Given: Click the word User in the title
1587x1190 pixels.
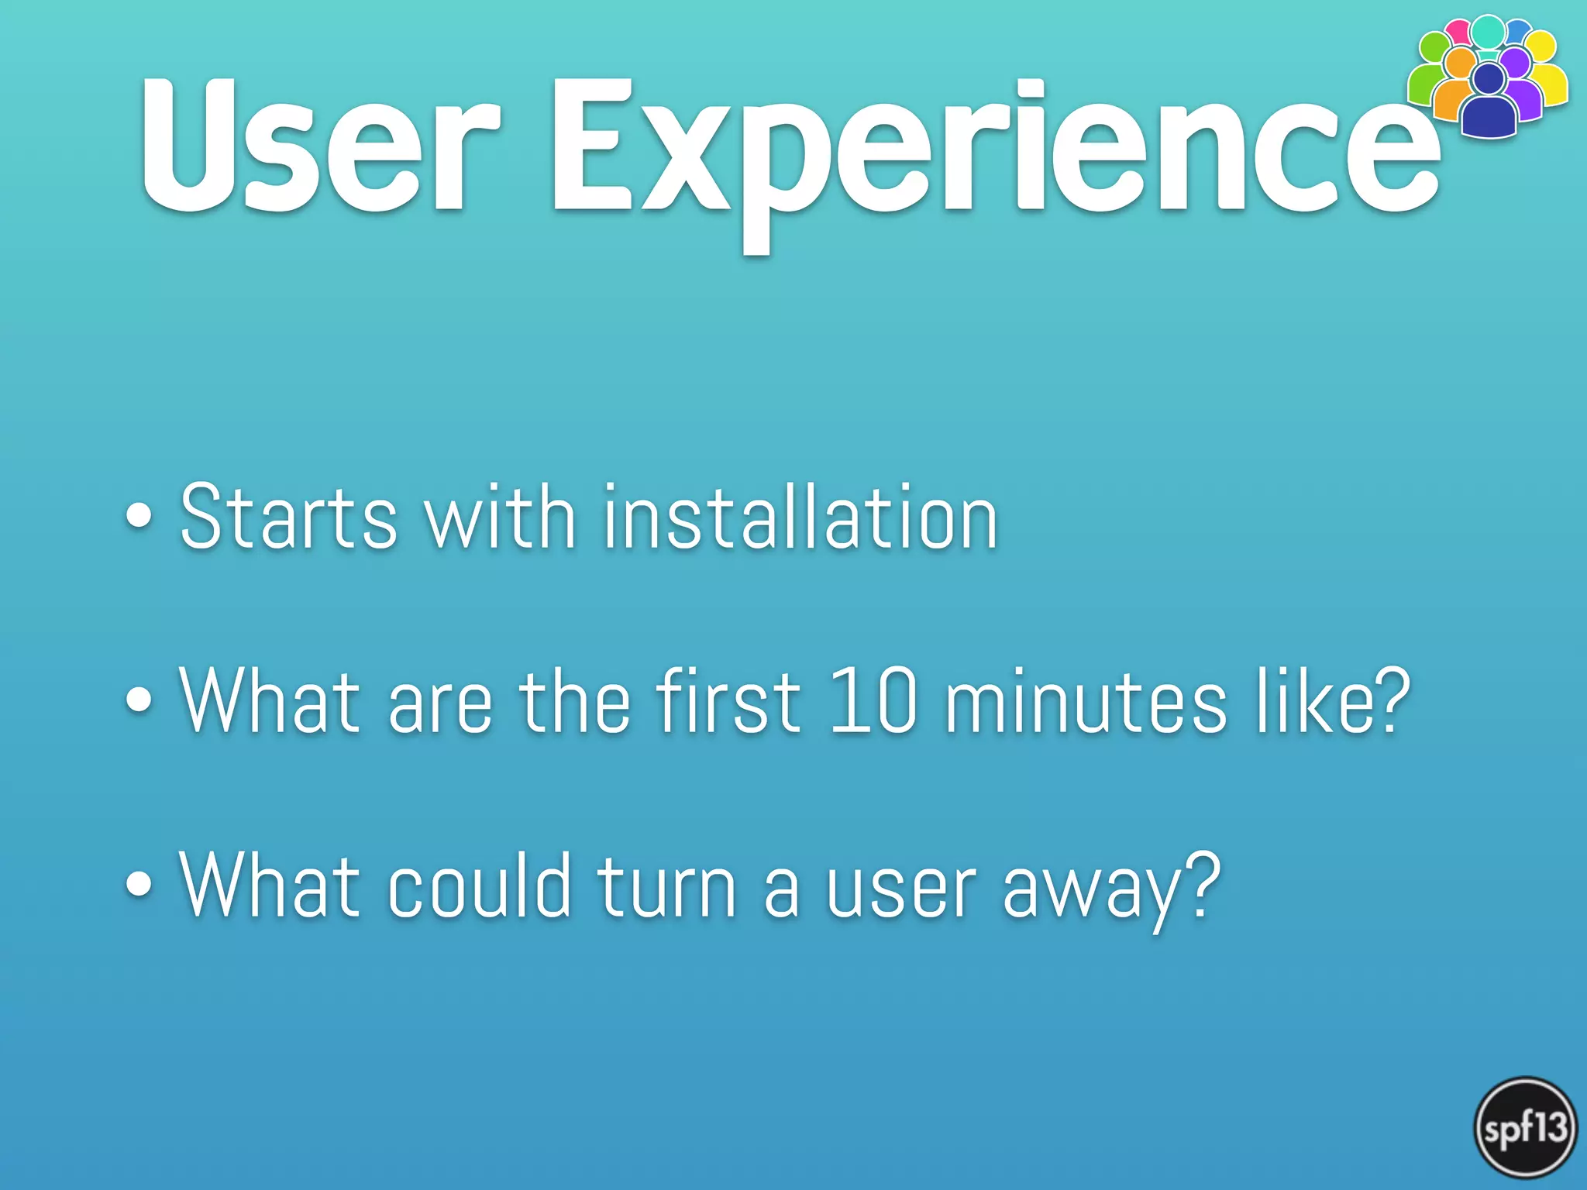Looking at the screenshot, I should [x=319, y=145].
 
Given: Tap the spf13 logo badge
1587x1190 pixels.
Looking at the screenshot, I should [x=1525, y=1128].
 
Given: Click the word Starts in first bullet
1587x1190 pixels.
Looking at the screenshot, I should [x=288, y=518].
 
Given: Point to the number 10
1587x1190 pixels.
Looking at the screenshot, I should [x=873, y=701].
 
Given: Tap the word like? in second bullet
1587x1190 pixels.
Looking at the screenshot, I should [x=1333, y=701].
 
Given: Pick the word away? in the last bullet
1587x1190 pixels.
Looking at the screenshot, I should [x=1111, y=891].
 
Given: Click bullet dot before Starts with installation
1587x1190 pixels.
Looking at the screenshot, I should [x=139, y=517].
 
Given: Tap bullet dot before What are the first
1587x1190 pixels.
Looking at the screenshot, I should [x=139, y=700].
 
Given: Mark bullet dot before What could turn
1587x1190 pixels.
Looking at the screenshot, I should [x=139, y=885].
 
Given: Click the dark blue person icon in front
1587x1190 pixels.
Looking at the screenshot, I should [x=1489, y=105].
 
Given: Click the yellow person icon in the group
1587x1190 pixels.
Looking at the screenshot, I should [x=1550, y=74].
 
